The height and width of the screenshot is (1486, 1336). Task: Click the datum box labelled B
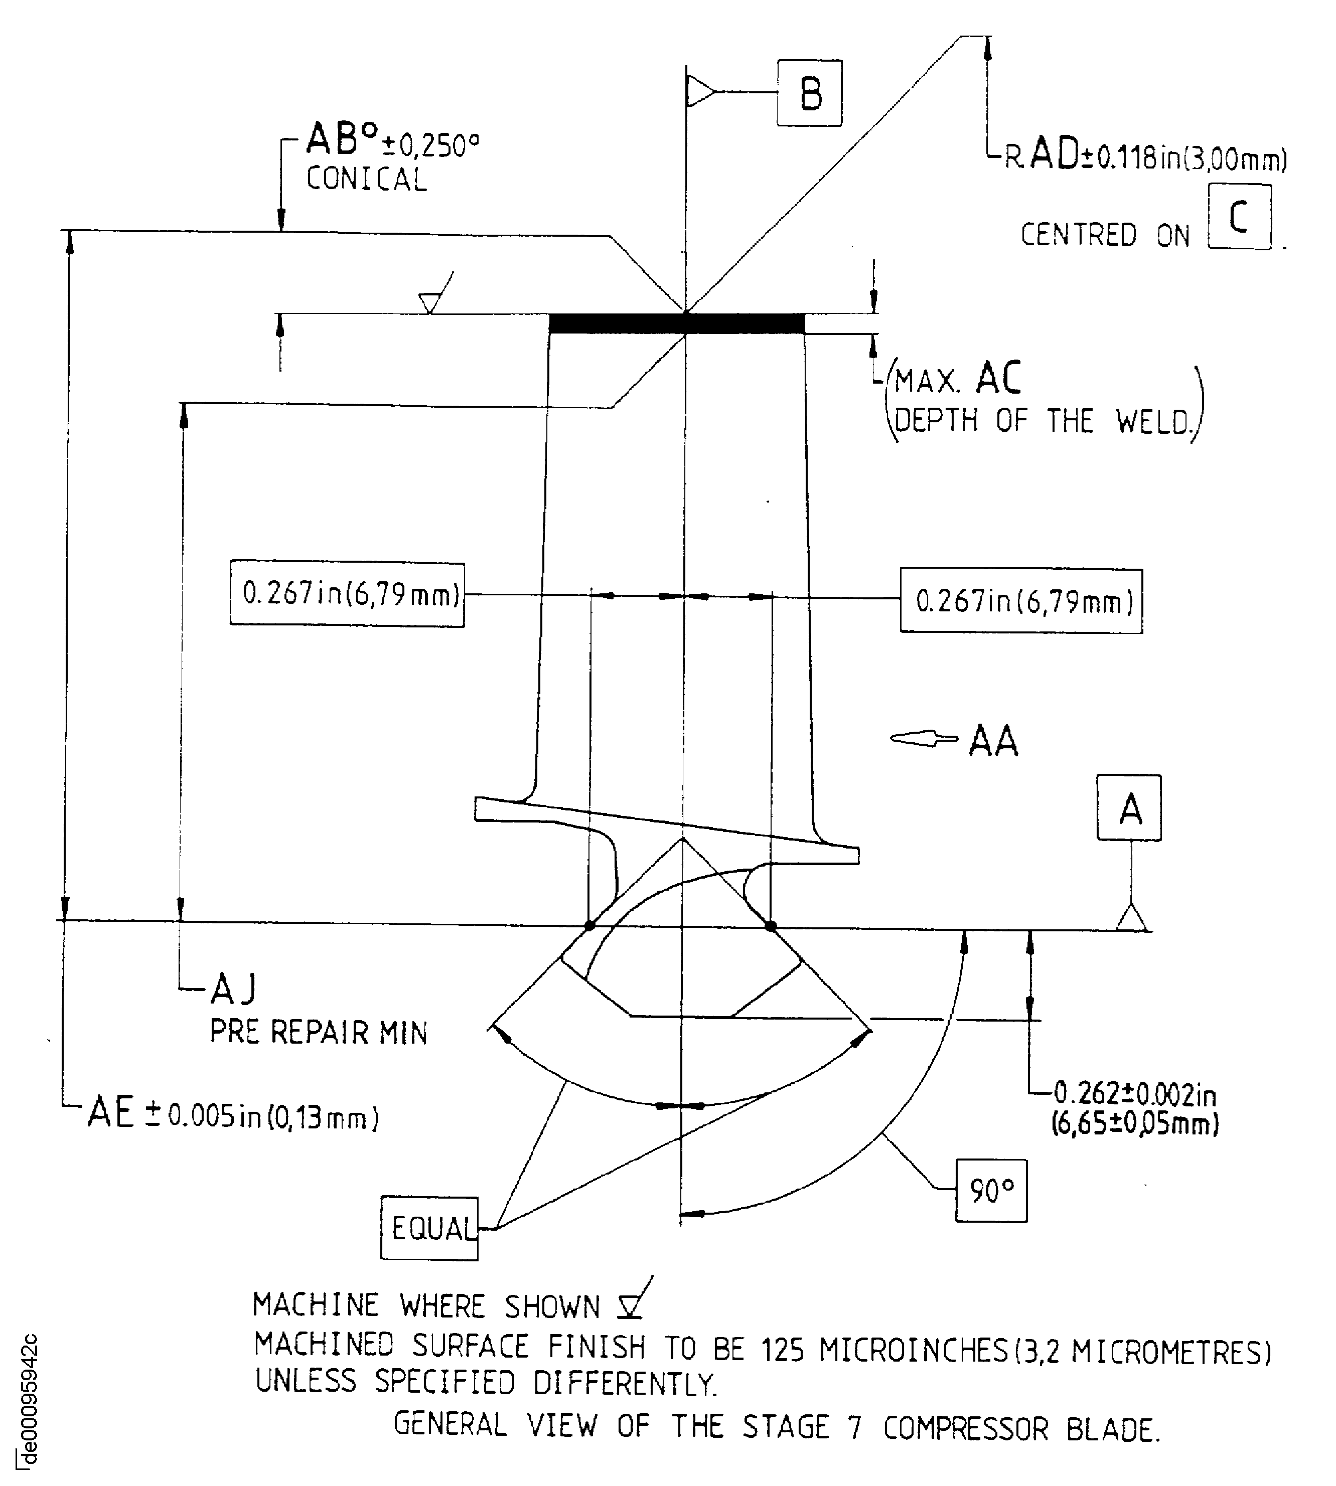(x=810, y=93)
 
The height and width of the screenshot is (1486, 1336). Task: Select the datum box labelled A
(x=1129, y=808)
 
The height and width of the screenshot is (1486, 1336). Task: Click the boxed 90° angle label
(x=991, y=1190)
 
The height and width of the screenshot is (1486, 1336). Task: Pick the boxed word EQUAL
(x=429, y=1228)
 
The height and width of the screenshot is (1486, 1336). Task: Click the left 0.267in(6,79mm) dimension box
(x=347, y=594)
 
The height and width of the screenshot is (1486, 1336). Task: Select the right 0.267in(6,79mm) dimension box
(x=1021, y=601)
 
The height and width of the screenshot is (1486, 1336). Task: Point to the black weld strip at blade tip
(x=677, y=323)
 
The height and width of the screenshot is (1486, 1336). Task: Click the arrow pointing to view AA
(x=924, y=738)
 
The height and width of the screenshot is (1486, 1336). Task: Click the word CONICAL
(x=366, y=180)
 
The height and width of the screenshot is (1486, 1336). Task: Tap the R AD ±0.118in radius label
(x=1145, y=157)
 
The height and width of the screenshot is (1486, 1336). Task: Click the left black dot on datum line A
(x=589, y=925)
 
